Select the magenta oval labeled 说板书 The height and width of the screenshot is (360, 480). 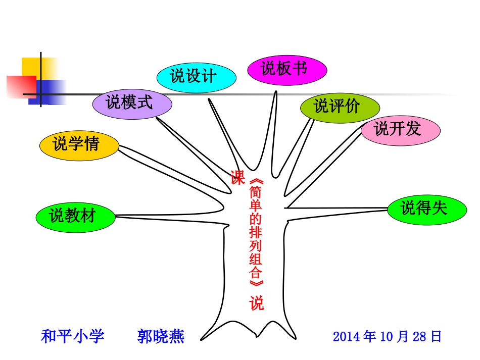(x=287, y=69)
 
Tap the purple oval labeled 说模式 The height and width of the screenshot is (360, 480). (x=132, y=104)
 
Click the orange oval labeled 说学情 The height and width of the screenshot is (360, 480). (x=79, y=145)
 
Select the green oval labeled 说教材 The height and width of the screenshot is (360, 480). (x=75, y=217)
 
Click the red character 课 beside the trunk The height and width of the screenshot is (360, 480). (x=237, y=178)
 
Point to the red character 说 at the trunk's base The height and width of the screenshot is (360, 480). (x=256, y=304)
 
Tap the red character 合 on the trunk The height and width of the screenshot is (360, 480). (x=256, y=273)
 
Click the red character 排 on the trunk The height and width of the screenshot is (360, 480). (x=256, y=233)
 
